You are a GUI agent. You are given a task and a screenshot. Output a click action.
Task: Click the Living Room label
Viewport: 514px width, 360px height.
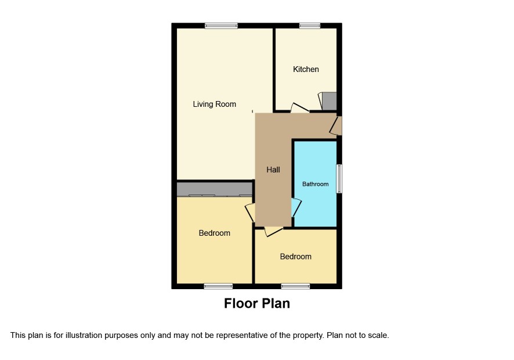point(215,104)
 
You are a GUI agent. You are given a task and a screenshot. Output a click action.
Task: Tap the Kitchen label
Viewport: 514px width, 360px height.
point(306,69)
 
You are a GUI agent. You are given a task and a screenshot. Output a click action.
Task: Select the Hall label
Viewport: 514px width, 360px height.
point(273,170)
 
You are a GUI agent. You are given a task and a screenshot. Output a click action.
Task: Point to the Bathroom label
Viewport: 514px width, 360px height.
point(316,184)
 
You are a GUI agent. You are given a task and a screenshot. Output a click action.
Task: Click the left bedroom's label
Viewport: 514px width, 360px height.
point(215,233)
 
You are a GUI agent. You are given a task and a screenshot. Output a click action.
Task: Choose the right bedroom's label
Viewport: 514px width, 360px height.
point(296,257)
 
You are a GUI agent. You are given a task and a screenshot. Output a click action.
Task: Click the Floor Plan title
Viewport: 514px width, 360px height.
point(257,303)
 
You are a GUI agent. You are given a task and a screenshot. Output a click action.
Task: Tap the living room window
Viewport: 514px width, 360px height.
point(221,26)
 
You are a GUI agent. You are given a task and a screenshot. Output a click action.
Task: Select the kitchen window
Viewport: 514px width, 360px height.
point(310,26)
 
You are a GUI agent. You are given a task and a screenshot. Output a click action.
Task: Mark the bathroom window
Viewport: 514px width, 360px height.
point(339,178)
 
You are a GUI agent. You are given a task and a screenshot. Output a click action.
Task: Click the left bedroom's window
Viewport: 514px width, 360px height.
point(218,286)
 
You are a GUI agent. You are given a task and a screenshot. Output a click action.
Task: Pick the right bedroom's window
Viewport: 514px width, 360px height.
point(295,286)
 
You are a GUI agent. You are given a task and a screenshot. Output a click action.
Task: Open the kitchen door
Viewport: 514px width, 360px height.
point(299,109)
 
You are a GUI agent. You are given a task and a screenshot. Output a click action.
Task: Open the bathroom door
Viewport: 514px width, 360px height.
point(296,207)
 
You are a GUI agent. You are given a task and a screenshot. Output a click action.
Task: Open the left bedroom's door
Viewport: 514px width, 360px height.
point(250,213)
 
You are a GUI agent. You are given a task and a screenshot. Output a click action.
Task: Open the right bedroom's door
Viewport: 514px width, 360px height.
point(273,231)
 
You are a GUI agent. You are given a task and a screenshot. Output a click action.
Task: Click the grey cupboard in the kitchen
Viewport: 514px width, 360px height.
point(330,101)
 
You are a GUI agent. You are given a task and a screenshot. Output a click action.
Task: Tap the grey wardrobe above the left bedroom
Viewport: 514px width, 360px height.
point(215,189)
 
